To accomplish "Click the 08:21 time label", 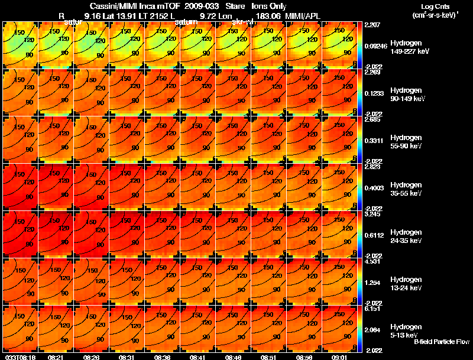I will (x=56, y=357).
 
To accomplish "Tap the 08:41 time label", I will (x=198, y=357).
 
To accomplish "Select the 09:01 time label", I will (x=340, y=357).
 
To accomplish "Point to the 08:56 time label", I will (x=304, y=357).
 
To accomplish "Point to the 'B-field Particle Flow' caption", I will (x=442, y=342).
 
